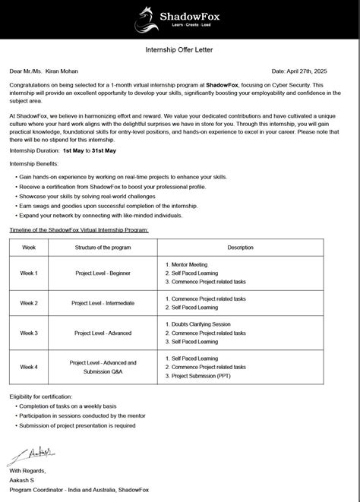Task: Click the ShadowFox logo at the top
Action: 179,16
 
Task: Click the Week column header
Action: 29,248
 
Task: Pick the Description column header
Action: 240,248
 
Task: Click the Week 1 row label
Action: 29,273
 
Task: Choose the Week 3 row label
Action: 29,333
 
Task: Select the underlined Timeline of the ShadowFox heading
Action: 78,229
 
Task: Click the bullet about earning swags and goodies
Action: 107,206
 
